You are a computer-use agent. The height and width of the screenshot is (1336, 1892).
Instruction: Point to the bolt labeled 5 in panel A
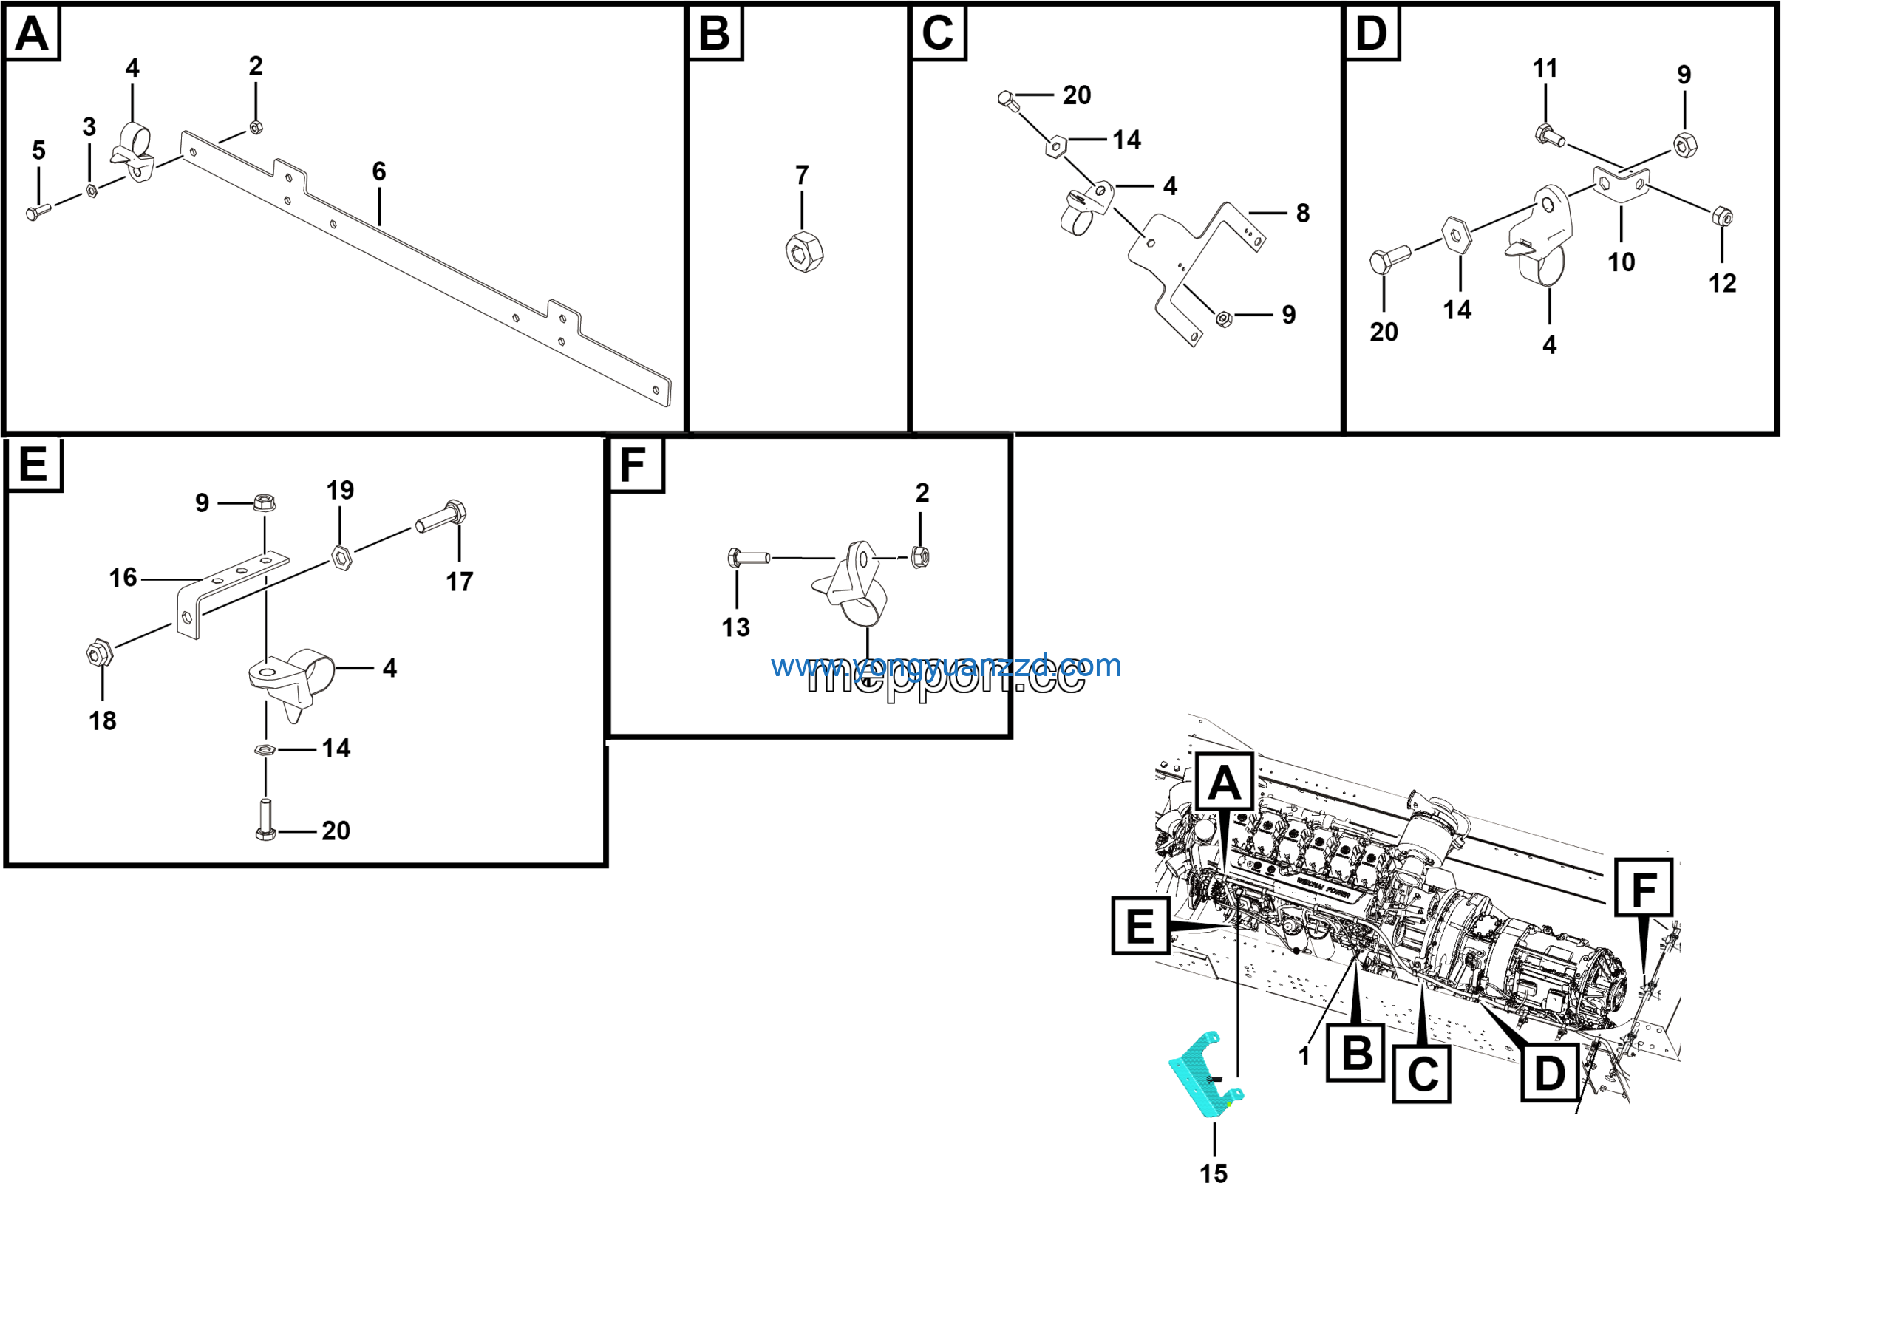coord(38,211)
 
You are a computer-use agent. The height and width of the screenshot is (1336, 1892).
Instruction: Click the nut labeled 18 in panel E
coord(99,653)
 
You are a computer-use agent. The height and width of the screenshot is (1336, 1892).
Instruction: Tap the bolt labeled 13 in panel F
coord(747,559)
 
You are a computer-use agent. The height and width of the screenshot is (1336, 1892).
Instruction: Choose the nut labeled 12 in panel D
coord(1721,217)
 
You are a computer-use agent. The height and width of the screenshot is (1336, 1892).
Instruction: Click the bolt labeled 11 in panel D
coord(1548,135)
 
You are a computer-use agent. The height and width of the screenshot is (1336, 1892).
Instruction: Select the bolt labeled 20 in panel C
coord(1008,100)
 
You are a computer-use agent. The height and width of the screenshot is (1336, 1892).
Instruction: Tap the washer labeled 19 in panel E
coord(341,558)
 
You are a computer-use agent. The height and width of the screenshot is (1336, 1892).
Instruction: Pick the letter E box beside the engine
coord(1140,927)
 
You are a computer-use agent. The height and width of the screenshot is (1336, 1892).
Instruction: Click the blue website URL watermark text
coord(945,666)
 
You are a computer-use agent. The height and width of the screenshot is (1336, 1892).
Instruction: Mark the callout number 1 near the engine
coord(1303,1056)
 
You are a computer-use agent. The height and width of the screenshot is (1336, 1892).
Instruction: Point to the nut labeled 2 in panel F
coord(922,557)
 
